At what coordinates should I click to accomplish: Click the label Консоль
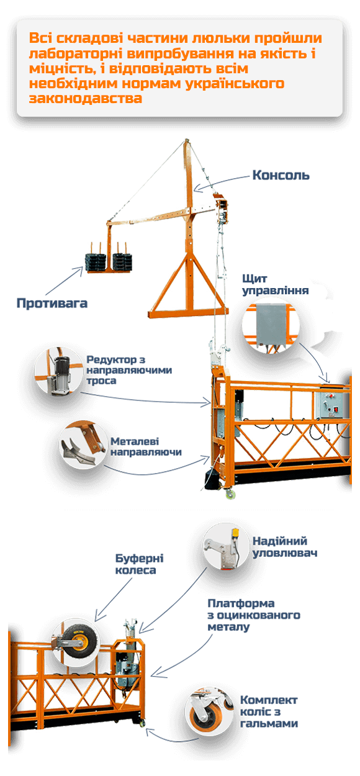[x=281, y=175]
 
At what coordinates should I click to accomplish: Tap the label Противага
[x=52, y=303]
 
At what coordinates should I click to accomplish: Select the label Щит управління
[x=275, y=284]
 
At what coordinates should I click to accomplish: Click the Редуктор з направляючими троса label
[x=129, y=370]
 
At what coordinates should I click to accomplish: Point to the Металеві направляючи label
[x=146, y=446]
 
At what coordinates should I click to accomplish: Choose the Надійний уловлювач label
[x=284, y=547]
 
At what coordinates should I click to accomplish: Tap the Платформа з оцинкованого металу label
[x=254, y=615]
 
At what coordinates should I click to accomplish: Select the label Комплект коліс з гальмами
[x=269, y=711]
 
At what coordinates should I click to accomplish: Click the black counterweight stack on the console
[x=109, y=262]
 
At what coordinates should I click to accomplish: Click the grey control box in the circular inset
[x=270, y=324]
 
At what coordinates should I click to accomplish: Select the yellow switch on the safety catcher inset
[x=235, y=532]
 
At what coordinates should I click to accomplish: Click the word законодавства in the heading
[x=86, y=98]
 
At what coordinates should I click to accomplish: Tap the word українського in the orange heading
[x=235, y=84]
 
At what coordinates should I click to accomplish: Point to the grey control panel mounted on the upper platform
[x=328, y=404]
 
